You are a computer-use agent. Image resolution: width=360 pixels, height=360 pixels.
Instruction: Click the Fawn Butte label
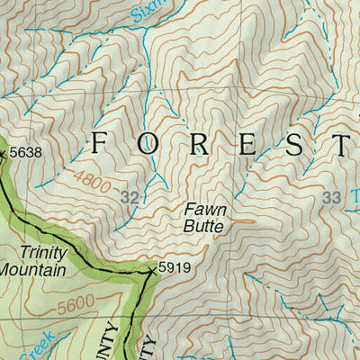click(204, 219)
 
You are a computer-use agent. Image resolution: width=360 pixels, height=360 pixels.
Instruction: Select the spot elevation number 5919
click(175, 268)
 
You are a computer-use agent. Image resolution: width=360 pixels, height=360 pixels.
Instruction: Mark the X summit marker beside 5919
click(152, 269)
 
